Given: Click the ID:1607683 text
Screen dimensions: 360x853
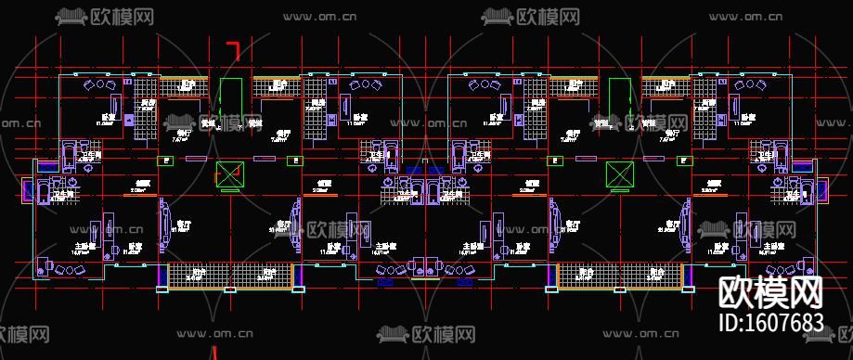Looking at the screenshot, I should point(771,323).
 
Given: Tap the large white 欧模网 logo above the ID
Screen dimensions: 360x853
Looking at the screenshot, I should point(771,293).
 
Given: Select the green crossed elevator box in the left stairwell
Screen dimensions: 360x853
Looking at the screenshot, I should point(228,174).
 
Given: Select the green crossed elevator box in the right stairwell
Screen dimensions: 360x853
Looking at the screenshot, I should point(618,174).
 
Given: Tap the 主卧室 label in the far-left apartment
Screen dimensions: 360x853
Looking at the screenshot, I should point(85,246).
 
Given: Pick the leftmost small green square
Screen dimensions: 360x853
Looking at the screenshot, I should point(166,161).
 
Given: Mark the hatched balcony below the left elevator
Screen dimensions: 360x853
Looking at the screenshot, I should point(229,275).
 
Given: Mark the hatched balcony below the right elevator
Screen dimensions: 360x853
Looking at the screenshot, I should point(620,275).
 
